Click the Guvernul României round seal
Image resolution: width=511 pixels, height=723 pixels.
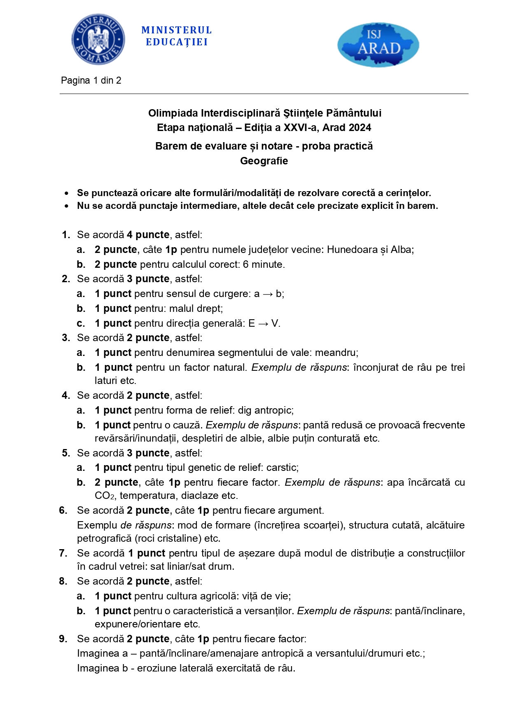[x=98, y=39]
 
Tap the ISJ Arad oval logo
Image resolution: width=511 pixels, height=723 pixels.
[x=378, y=44]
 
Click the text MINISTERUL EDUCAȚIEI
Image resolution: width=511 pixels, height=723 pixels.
[x=177, y=36]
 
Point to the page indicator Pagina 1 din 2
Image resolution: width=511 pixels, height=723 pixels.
[x=91, y=80]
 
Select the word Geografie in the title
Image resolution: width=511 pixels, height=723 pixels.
[x=264, y=161]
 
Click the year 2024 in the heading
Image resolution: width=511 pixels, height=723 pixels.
[x=359, y=128]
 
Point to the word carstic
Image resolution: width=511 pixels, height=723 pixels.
[x=282, y=468]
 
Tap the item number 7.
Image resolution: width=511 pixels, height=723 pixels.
[x=63, y=553]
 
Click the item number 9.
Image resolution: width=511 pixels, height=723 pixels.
[x=63, y=639]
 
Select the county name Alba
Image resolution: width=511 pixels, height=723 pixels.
[x=401, y=250]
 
